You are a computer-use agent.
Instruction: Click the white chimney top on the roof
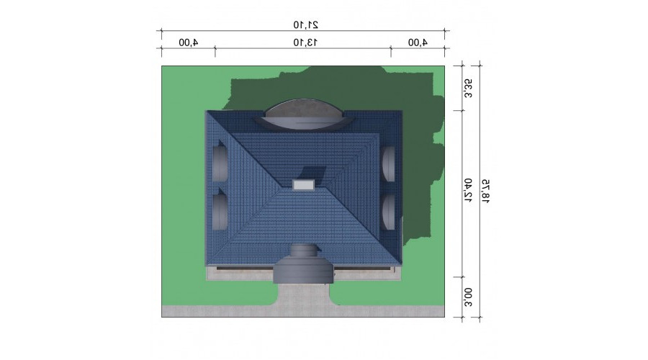point(303,184)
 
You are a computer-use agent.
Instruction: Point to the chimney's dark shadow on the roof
point(314,173)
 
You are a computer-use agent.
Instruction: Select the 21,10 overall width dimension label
point(306,24)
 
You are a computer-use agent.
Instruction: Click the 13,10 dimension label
point(305,42)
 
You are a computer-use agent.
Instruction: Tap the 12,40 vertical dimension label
point(468,190)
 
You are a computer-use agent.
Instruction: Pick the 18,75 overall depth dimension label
point(485,191)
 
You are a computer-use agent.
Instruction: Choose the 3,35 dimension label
point(468,89)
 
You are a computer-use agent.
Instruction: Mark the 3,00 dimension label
point(468,297)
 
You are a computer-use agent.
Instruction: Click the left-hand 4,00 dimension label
point(189,42)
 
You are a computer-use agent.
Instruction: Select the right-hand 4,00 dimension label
point(418,42)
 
